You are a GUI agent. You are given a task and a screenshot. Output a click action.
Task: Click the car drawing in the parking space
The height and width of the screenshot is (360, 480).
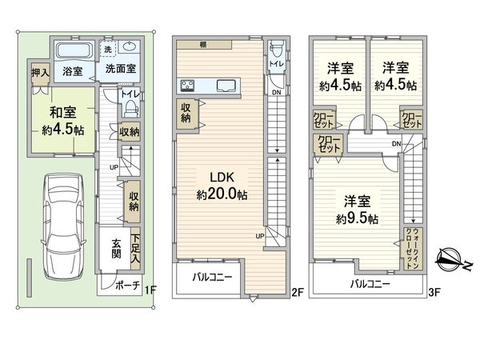point(63,226)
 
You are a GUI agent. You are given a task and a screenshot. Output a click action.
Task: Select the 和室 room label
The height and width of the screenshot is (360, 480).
point(62,112)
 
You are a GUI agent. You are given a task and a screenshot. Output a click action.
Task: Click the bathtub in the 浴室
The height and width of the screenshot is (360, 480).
point(74,50)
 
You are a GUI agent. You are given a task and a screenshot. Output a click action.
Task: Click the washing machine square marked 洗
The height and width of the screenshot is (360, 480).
point(108,49)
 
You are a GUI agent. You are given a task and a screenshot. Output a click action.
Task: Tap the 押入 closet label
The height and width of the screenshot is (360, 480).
point(40,73)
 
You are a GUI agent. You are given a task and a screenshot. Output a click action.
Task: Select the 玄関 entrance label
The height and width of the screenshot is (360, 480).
point(116,249)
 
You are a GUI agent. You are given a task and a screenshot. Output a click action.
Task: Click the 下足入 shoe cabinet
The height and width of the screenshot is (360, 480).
point(136,249)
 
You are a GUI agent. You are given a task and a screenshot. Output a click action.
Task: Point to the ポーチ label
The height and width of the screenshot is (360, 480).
point(128,286)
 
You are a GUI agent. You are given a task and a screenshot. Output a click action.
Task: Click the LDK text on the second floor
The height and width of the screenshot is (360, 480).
point(222,178)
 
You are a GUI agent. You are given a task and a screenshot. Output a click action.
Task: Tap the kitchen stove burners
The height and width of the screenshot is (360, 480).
point(187,85)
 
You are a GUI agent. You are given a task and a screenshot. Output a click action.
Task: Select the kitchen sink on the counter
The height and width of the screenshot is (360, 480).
point(226,86)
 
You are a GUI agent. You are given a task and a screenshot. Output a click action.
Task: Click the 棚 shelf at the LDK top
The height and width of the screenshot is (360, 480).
point(204,45)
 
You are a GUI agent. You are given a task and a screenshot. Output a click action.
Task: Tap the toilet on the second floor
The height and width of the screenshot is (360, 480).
point(276,50)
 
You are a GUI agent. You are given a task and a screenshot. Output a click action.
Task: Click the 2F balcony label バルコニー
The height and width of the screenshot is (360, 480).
point(212,277)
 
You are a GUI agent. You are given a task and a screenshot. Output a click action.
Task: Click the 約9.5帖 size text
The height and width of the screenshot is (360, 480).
point(357,219)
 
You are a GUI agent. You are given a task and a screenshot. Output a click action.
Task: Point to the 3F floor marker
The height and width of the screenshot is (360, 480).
point(434,293)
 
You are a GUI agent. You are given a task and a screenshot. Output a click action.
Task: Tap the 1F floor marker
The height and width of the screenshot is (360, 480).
point(150,290)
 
